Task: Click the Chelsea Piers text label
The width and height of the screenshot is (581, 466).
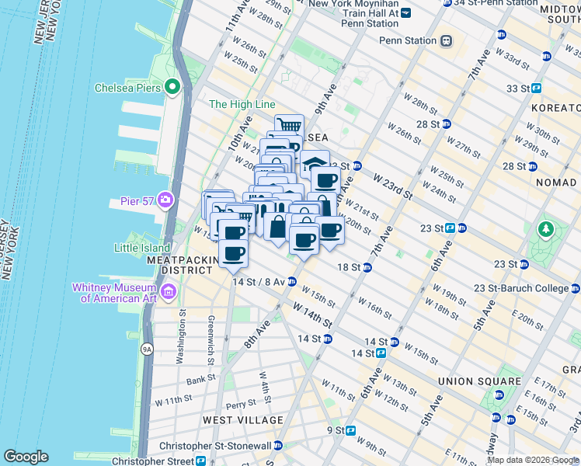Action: [127, 88]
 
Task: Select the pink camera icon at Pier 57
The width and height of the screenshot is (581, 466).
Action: [165, 201]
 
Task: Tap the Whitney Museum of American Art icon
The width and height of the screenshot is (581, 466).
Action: [169, 292]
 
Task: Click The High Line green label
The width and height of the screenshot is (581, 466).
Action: [242, 104]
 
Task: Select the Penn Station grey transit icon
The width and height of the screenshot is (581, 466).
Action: [447, 40]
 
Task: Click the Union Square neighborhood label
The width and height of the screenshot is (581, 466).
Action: [479, 381]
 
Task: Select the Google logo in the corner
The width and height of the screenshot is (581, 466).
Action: [26, 457]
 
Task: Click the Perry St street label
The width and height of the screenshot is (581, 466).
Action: [240, 405]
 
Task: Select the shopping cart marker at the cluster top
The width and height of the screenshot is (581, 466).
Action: [289, 125]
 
